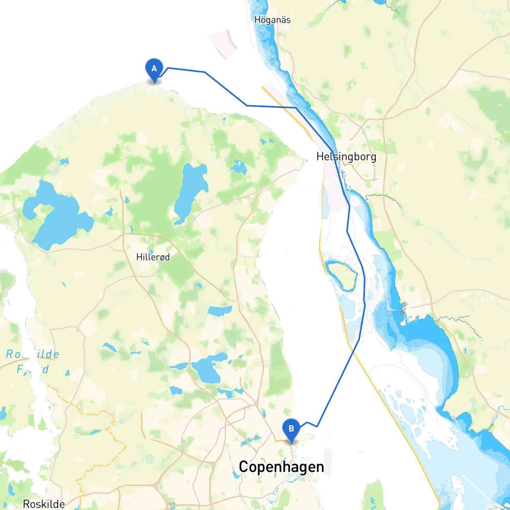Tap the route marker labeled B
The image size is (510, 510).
tap(291, 430)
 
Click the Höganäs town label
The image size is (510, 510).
tap(273, 20)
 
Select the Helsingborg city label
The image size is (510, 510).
tap(346, 157)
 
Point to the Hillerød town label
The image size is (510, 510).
tap(153, 257)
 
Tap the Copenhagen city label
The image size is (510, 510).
tap(281, 467)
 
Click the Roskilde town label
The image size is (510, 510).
tap(44, 504)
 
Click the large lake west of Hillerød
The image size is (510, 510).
tap(56, 215)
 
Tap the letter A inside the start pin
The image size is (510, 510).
tap(154, 69)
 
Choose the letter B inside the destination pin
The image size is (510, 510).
tap(291, 429)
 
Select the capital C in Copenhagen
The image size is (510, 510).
tap(243, 467)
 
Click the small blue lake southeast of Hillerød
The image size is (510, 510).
tap(220, 310)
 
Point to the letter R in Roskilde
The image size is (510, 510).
tap(27, 504)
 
